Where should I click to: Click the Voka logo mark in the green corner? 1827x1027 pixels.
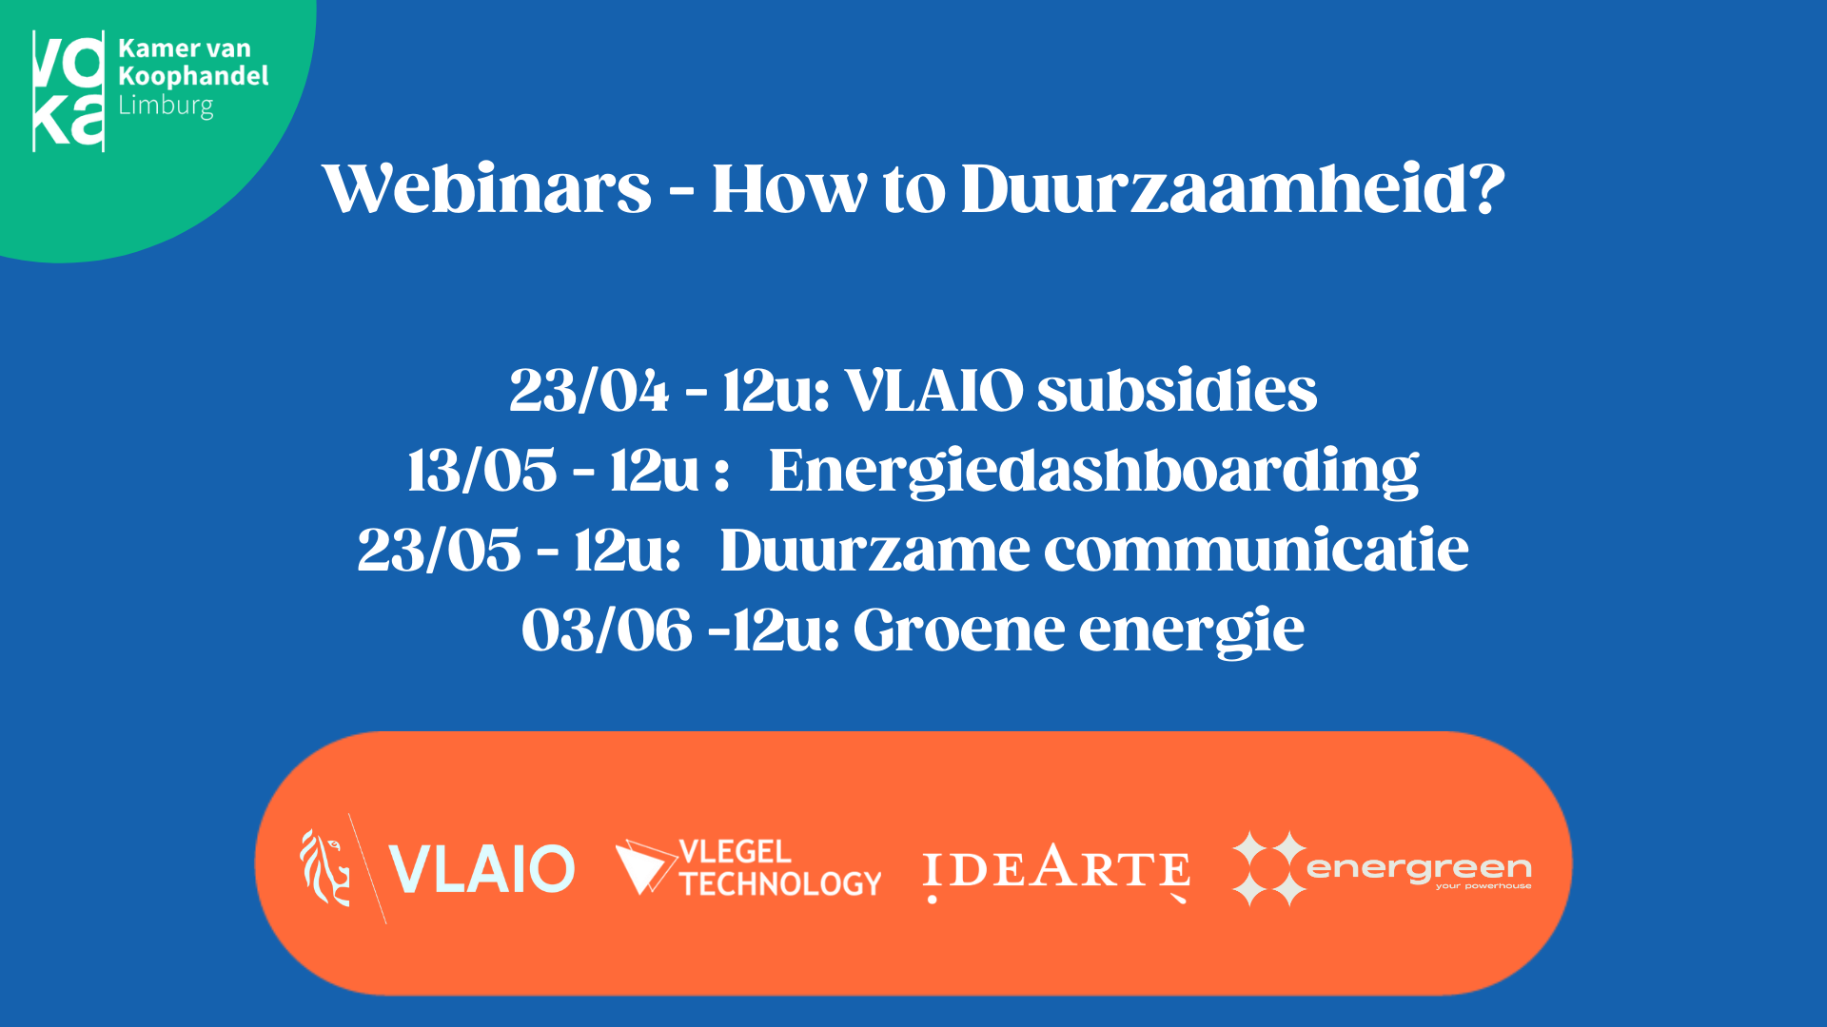coord(69,91)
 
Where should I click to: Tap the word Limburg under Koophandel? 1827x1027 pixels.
coord(166,106)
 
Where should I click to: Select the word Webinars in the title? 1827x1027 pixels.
coord(487,188)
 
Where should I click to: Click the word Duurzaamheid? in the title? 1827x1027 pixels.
coord(1233,188)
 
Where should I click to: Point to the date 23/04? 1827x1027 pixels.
coord(589,390)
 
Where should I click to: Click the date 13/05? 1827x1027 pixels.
coord(482,470)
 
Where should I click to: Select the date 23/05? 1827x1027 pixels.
coord(440,550)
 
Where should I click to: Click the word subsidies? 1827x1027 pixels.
coord(1177,390)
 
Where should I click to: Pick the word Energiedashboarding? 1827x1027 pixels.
coord(1093,472)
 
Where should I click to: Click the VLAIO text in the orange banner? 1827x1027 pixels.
coord(482,868)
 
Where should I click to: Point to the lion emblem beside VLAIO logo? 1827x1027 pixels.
coord(325,867)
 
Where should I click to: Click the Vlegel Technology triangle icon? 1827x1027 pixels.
coord(646,866)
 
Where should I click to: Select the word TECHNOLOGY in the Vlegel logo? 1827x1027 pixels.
coord(781,883)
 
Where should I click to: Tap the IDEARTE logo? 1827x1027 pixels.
coord(1056,870)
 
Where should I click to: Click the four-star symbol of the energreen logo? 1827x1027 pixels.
coord(1269,868)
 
